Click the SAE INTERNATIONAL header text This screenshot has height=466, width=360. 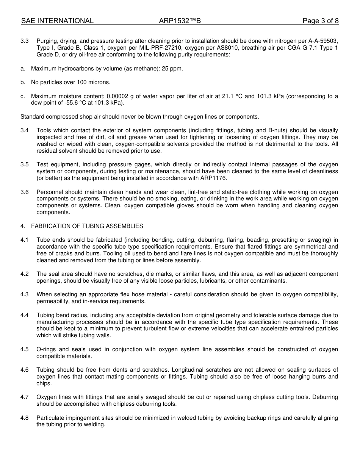click(57, 21)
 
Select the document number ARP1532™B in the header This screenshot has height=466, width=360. click(180, 21)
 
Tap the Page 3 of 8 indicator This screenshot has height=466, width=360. click(320, 21)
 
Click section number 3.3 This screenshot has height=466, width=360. click(25, 41)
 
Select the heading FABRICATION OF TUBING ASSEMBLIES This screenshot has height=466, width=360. click(87, 226)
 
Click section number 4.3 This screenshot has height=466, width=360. click(25, 294)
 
